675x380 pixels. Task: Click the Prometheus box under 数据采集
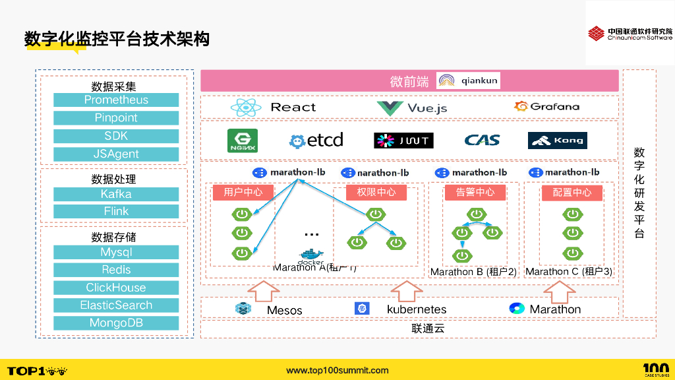(116, 100)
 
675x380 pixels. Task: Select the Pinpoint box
(116, 118)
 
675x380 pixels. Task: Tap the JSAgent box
(116, 154)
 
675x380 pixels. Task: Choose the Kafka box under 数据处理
(116, 194)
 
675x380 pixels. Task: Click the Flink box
(116, 212)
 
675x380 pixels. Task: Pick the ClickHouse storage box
(116, 288)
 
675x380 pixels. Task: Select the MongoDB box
(116, 323)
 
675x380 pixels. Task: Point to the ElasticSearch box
(116, 305)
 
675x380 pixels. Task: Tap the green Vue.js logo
(390, 108)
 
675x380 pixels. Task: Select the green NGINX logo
(242, 141)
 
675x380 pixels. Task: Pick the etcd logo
(316, 141)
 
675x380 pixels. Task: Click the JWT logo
(403, 141)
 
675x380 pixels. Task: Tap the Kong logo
(557, 141)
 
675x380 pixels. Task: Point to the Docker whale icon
(311, 255)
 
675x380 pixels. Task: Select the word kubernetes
(416, 309)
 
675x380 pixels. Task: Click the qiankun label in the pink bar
(480, 80)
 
